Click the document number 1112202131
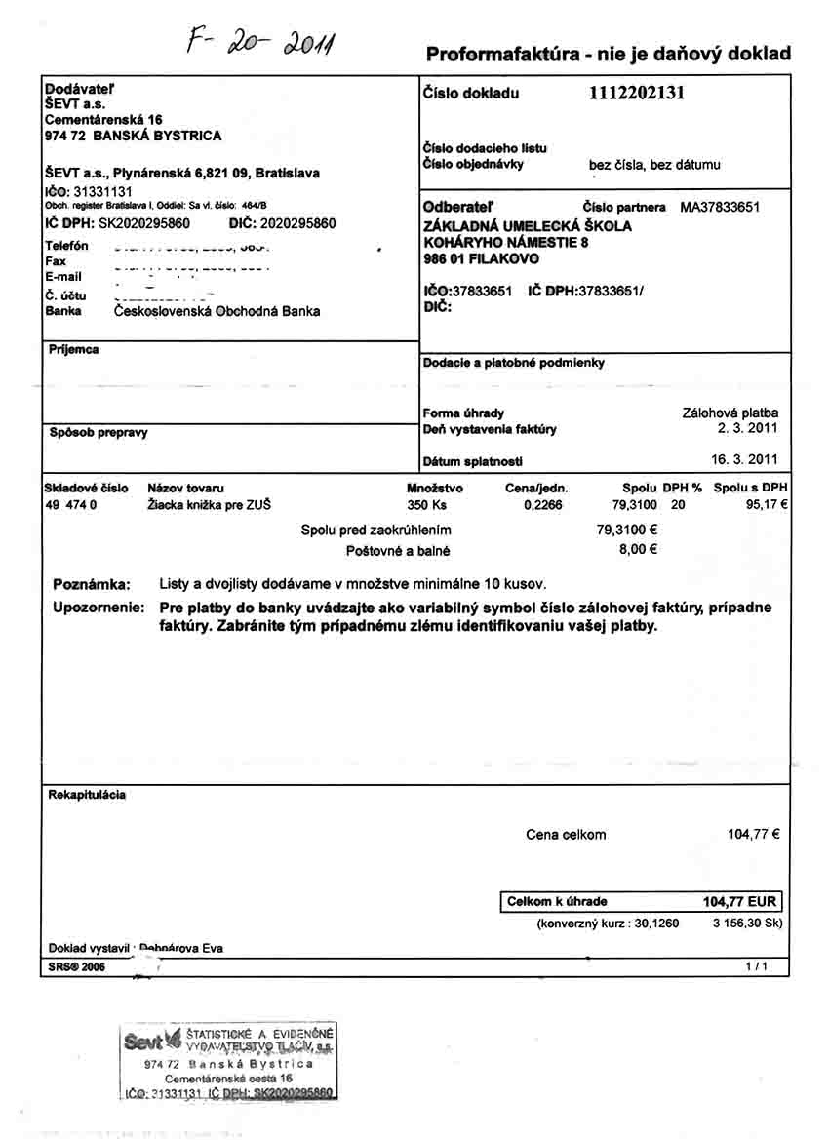(637, 94)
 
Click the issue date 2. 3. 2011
(748, 428)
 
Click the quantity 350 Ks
(426, 505)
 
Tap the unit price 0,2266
(542, 505)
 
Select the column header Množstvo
(434, 488)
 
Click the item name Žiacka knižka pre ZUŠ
(209, 505)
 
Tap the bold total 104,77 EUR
(739, 902)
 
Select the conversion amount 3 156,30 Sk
(747, 923)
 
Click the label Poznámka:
(91, 584)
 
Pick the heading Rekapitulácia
(87, 795)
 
